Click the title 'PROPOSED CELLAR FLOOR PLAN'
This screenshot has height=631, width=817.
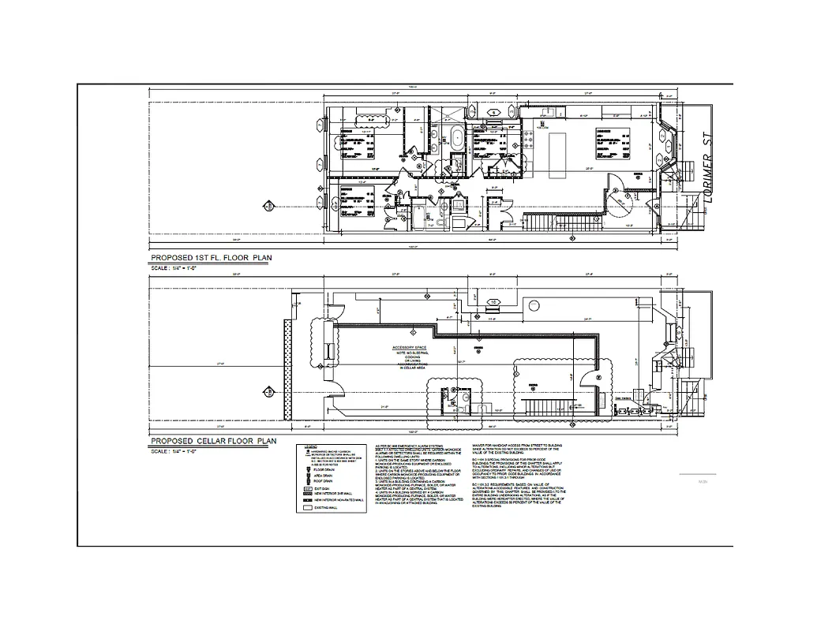click(x=213, y=441)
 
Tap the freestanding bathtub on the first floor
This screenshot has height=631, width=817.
click(x=457, y=139)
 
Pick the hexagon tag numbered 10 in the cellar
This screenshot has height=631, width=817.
click(x=494, y=302)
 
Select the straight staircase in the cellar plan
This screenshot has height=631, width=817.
click(x=542, y=407)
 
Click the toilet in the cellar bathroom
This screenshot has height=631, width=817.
click(x=465, y=399)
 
